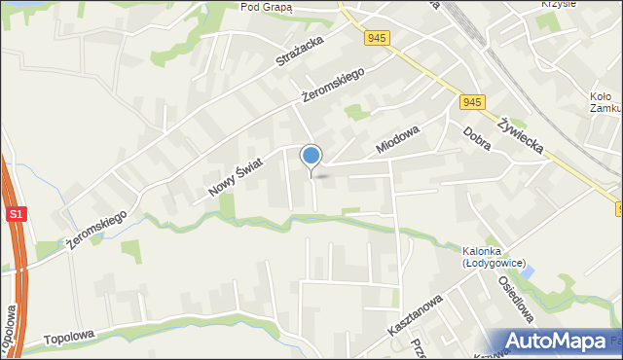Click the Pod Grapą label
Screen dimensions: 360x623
click(x=266, y=6)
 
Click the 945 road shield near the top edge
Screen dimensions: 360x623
click(x=379, y=38)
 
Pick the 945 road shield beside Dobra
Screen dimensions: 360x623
click(x=473, y=102)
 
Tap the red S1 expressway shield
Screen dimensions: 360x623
click(x=16, y=213)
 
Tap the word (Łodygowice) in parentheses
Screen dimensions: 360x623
click(x=494, y=263)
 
